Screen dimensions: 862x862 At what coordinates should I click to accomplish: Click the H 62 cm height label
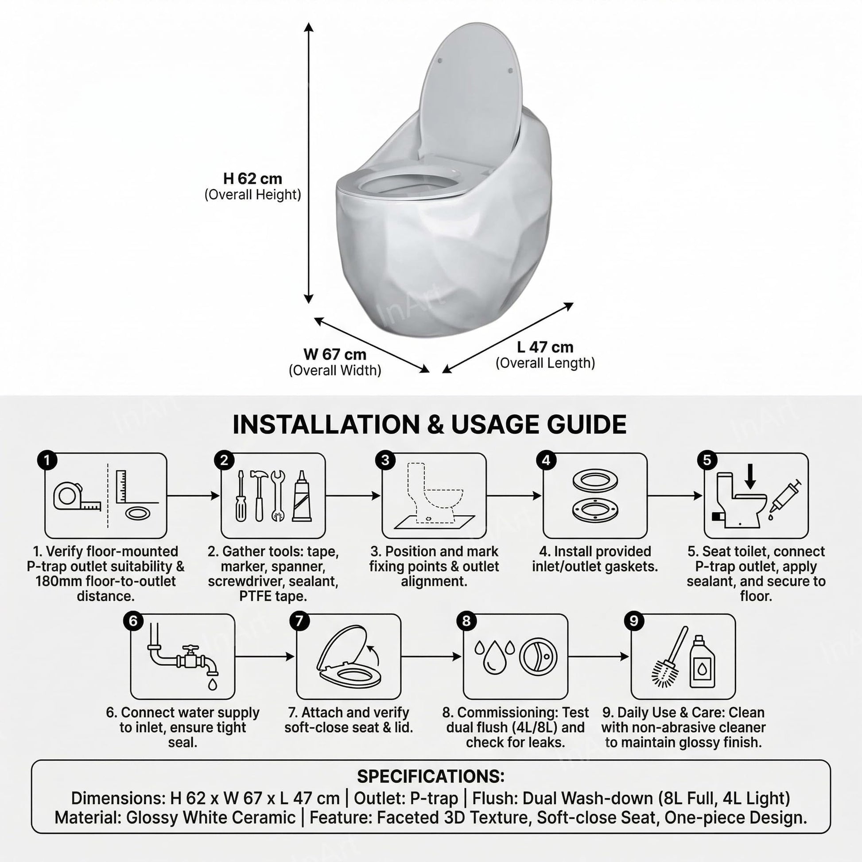(252, 179)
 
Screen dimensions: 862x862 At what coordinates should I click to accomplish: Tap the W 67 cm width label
(334, 354)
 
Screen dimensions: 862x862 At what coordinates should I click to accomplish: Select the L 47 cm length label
(545, 347)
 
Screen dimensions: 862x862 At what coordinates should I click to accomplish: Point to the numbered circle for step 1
(47, 460)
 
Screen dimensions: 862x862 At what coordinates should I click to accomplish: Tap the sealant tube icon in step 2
(302, 496)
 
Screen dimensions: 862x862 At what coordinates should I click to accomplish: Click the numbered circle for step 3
(385, 460)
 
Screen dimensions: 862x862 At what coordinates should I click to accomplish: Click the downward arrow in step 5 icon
(750, 476)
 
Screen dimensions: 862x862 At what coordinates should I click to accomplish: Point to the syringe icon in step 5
(784, 497)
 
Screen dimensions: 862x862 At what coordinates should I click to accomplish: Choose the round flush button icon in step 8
(539, 656)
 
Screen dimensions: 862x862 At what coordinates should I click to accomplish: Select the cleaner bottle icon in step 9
(702, 662)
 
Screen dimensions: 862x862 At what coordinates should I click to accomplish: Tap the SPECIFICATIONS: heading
(431, 777)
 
